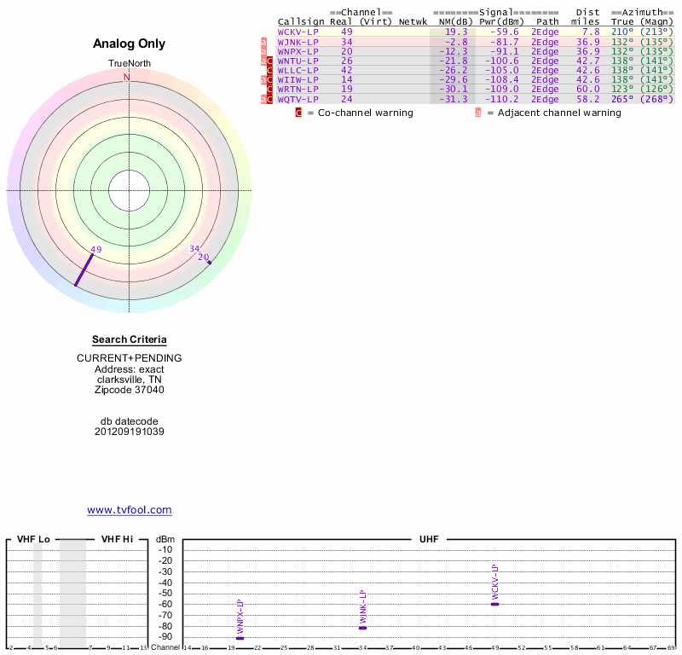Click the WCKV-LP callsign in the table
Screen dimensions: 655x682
298,32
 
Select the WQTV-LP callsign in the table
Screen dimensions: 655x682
298,100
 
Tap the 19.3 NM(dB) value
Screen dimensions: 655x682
456,32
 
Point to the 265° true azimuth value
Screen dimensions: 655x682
622,100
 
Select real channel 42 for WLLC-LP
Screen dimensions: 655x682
347,71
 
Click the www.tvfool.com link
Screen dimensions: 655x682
130,510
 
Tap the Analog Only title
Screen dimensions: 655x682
130,44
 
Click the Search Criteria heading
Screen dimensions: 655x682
130,339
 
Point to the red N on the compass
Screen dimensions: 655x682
127,78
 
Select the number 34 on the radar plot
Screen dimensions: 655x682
194,249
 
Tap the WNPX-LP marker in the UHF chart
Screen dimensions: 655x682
240,638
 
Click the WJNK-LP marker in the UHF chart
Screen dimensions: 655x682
362,628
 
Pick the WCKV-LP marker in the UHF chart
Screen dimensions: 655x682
494,604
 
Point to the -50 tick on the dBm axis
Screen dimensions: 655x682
165,594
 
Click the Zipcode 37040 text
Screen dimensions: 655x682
130,391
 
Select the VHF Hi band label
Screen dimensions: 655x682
118,540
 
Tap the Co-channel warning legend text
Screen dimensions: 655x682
360,113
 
